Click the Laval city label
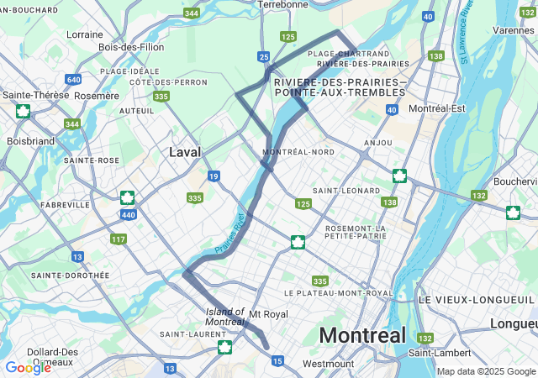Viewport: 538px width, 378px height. [x=184, y=152]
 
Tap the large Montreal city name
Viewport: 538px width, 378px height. [x=362, y=335]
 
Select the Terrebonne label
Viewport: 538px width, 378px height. [x=282, y=4]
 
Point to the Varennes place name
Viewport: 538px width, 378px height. [x=514, y=30]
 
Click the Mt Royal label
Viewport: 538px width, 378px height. [x=268, y=314]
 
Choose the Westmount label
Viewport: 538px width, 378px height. [x=322, y=364]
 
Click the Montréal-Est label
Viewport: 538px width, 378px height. [x=436, y=109]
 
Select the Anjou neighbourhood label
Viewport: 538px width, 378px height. [x=378, y=143]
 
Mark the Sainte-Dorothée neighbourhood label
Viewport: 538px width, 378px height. [x=70, y=275]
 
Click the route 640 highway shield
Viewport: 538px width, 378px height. [x=73, y=80]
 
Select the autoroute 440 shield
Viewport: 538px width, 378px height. [x=128, y=215]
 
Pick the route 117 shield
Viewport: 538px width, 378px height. [x=119, y=239]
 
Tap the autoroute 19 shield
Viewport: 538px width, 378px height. [x=214, y=176]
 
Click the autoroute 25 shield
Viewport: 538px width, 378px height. [x=264, y=57]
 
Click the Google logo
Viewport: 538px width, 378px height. [x=28, y=367]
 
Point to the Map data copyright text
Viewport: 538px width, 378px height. [x=486, y=371]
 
